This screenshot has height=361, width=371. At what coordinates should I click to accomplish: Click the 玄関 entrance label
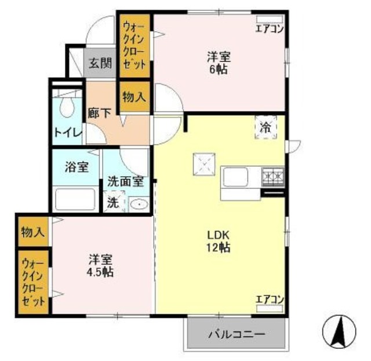(100, 63)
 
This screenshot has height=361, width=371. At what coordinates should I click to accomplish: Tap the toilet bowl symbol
(67, 106)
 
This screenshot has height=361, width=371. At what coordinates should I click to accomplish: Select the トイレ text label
(67, 132)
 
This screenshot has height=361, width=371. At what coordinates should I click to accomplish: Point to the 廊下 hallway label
(99, 112)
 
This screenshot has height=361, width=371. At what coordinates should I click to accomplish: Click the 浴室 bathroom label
(76, 167)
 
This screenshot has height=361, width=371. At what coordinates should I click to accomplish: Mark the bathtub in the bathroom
(75, 199)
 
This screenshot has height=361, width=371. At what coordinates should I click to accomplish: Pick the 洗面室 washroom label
(125, 180)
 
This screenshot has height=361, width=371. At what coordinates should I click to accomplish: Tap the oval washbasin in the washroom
(138, 203)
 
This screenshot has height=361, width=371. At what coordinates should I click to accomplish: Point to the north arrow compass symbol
(340, 332)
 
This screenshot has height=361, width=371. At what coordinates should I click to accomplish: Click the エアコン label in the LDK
(270, 300)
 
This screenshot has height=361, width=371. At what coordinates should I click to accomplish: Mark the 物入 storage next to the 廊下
(134, 96)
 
